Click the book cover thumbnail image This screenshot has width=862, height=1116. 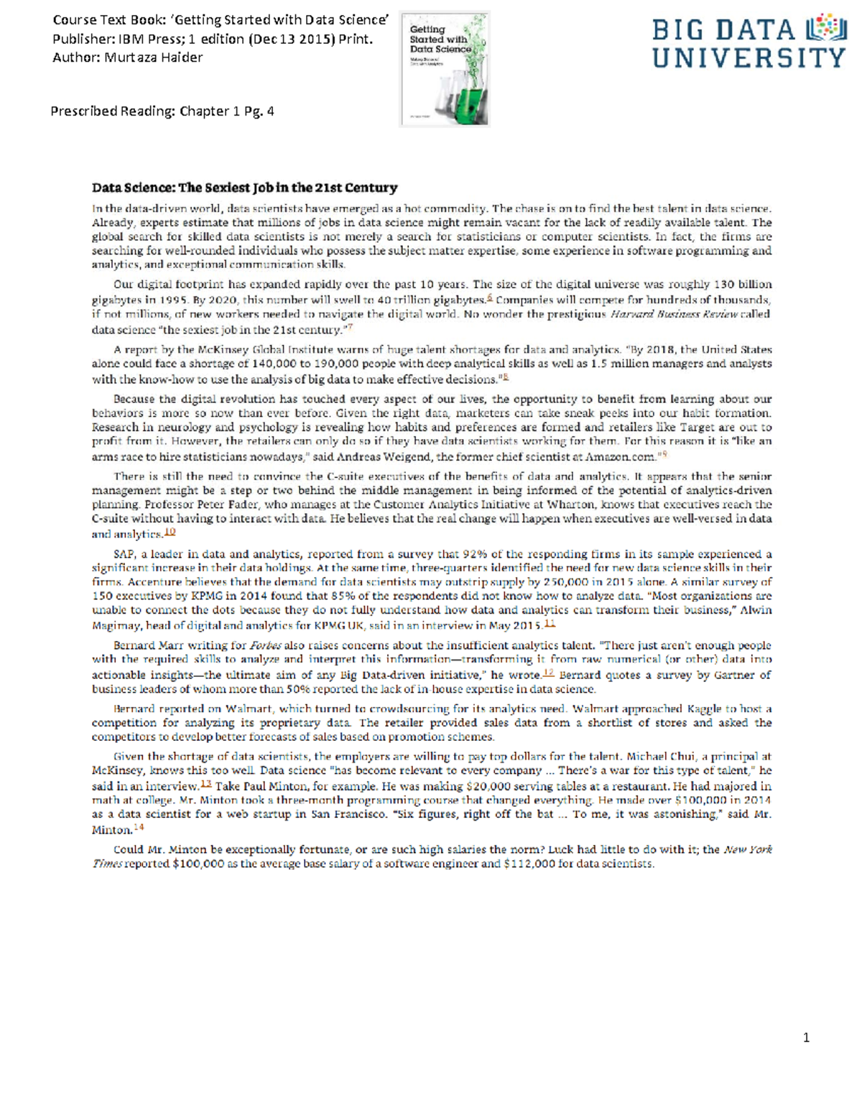[445, 70]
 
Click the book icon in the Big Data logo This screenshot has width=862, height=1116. [826, 28]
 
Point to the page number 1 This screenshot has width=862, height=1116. [806, 1037]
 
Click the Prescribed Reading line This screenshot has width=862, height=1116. [162, 111]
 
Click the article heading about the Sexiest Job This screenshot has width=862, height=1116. [244, 188]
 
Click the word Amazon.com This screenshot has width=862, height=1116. [621, 456]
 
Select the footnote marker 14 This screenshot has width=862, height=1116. [139, 828]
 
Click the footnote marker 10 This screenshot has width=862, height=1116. [170, 532]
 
